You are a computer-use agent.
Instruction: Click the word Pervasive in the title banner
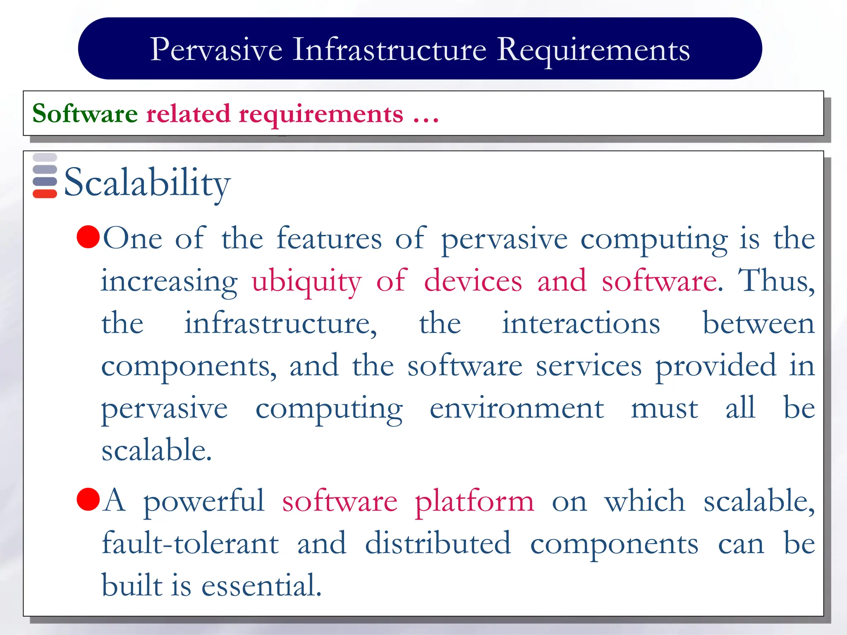pos(216,49)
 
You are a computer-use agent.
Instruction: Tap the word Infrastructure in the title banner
pos(389,49)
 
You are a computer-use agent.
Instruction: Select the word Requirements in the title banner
pos(593,50)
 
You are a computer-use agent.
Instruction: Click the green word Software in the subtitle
pos(85,113)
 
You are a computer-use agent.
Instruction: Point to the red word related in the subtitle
pos(188,113)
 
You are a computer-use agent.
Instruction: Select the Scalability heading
pos(147,183)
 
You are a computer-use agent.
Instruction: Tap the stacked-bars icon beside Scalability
pos(45,176)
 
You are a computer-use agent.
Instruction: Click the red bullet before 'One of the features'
pos(89,236)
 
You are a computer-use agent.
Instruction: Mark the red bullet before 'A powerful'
pos(89,499)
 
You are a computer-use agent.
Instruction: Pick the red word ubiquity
pos(306,282)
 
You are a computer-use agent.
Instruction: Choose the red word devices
pos(473,281)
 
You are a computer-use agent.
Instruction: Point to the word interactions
pos(581,323)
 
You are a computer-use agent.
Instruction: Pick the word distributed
pos(438,543)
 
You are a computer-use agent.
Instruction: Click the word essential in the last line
pos(261,586)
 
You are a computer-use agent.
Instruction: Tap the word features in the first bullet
pos(329,239)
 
